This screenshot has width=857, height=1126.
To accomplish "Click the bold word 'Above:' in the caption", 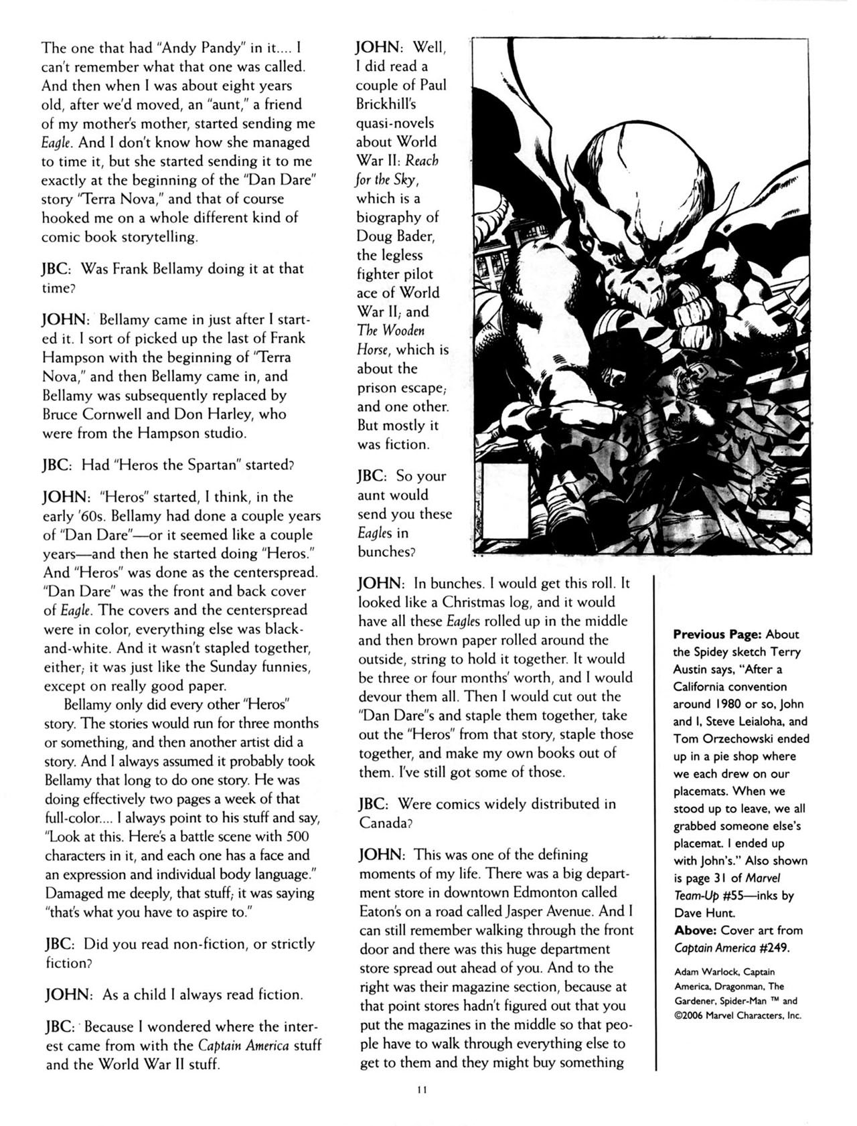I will coord(695,930).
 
